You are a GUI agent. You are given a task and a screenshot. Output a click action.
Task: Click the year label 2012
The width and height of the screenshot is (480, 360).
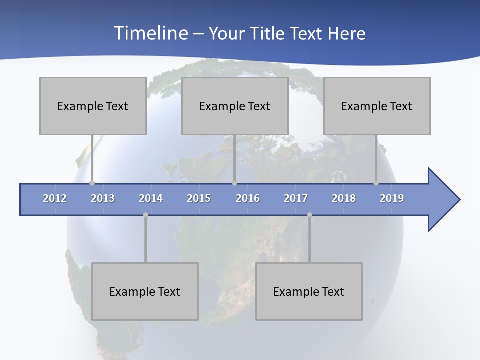(55, 198)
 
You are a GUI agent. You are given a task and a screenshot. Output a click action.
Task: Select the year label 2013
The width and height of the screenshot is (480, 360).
(103, 198)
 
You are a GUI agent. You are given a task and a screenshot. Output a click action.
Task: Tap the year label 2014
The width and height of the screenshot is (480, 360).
(151, 198)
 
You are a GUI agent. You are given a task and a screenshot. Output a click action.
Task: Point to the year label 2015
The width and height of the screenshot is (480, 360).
(199, 198)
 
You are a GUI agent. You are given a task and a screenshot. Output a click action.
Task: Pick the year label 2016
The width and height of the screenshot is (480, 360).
(248, 198)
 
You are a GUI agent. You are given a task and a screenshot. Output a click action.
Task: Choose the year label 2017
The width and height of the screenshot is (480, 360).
(296, 198)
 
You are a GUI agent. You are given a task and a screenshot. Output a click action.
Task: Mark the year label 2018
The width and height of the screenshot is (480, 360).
(344, 198)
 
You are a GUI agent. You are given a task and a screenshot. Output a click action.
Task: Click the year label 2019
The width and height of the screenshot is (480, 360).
(392, 198)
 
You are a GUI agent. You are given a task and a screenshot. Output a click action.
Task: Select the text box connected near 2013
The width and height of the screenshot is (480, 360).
(93, 106)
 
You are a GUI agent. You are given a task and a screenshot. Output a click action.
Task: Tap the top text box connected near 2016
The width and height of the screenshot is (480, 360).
(235, 106)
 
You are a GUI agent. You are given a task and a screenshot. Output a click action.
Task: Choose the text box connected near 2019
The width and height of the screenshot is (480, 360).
(377, 106)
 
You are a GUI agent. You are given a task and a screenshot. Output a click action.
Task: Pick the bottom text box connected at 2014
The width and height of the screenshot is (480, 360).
(145, 291)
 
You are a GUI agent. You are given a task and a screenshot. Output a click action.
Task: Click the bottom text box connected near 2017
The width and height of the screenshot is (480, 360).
(309, 291)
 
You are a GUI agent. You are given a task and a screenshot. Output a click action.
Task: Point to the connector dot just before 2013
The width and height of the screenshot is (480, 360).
(92, 183)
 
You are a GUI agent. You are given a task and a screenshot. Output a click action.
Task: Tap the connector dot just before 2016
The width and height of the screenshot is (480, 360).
(234, 183)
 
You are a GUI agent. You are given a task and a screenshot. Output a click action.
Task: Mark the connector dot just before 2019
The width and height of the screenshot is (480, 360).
(376, 183)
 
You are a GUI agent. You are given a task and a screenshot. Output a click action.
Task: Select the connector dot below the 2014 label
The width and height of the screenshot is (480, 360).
(145, 214)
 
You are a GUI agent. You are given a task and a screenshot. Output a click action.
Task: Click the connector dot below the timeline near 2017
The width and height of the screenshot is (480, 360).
(309, 214)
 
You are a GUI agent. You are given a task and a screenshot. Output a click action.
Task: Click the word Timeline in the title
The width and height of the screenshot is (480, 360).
(150, 33)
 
